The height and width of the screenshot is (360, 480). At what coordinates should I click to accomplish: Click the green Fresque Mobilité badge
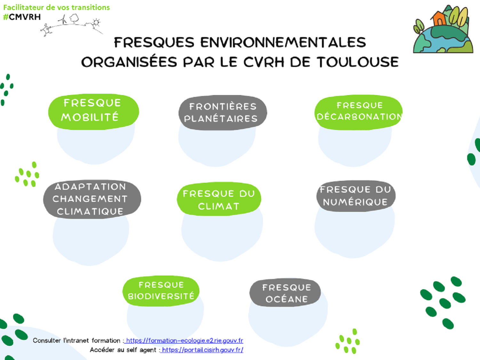tap(93, 112)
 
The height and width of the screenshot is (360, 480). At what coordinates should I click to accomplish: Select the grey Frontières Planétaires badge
tap(223, 113)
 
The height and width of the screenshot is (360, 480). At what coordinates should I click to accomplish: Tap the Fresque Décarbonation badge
tap(359, 112)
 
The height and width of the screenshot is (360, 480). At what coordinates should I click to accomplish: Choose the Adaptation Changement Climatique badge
tap(92, 199)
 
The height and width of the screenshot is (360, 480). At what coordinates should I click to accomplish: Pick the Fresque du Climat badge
tap(219, 199)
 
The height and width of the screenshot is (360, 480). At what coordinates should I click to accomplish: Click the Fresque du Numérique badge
tap(356, 196)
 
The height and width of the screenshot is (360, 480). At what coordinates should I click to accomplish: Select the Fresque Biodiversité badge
tap(161, 291)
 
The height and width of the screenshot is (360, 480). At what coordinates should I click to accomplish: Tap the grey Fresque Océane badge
tap(285, 292)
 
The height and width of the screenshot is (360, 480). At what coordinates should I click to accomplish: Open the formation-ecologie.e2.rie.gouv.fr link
tap(184, 340)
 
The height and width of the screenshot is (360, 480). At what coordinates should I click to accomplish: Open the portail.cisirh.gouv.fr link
tap(202, 350)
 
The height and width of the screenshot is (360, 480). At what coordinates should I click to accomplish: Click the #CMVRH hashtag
tap(22, 17)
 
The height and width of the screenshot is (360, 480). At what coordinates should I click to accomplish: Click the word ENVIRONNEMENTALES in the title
tap(283, 42)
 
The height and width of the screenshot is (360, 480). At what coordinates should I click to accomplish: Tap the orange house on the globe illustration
tap(440, 18)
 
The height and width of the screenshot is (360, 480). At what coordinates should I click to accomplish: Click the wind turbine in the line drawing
tap(63, 20)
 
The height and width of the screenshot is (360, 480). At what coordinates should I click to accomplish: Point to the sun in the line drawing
tap(96, 22)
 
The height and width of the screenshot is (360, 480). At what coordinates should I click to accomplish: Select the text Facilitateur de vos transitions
tap(56, 7)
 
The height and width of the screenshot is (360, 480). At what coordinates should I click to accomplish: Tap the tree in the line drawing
tap(74, 19)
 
